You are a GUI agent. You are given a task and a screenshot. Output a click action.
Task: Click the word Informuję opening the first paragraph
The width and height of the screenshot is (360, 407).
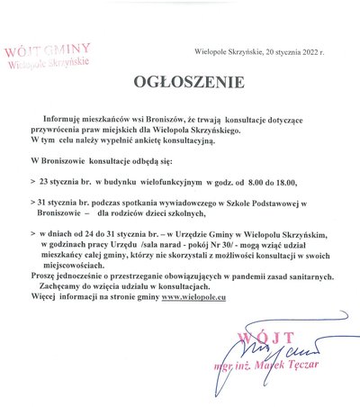tap(60, 119)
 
